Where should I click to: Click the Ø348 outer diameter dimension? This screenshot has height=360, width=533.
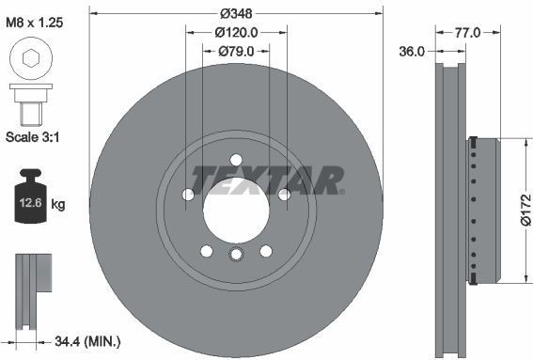tap(237, 14)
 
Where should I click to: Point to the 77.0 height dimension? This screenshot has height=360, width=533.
tap(467, 32)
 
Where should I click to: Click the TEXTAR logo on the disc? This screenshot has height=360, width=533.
tap(268, 177)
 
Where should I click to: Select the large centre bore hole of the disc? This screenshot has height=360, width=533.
tap(236, 206)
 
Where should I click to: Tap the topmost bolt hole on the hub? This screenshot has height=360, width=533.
tap(236, 159)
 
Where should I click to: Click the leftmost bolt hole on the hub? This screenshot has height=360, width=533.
tap(188, 195)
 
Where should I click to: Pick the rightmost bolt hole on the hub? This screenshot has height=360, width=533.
tap(283, 195)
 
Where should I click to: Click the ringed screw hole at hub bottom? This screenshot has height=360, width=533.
tap(236, 255)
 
